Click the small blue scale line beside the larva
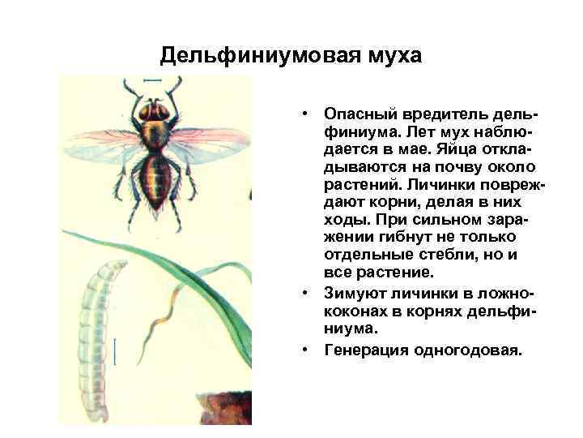click(117, 350)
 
